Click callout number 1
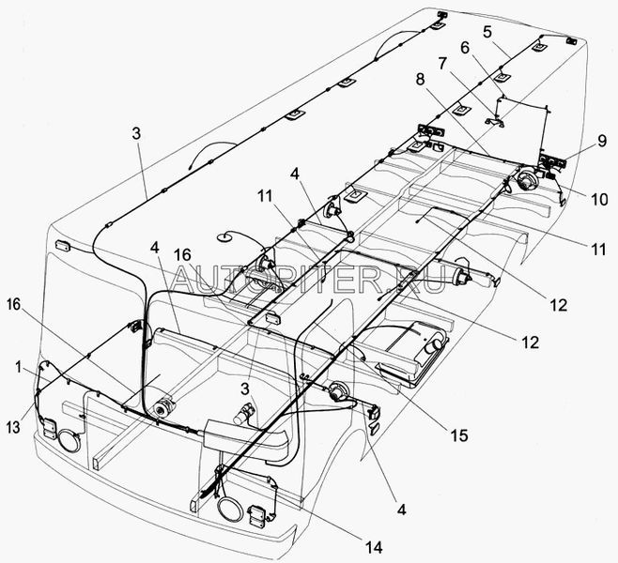(18, 367)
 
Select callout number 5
(487, 32)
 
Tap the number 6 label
(465, 48)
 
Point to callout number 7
(442, 64)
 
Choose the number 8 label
(420, 79)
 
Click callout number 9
(601, 141)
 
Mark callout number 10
(599, 200)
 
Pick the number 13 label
(13, 427)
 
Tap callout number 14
(373, 547)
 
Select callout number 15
(459, 435)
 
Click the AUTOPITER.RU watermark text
(308, 280)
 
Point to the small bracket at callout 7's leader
(496, 121)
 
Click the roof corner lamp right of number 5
(571, 41)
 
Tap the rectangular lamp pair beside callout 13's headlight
(50, 428)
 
